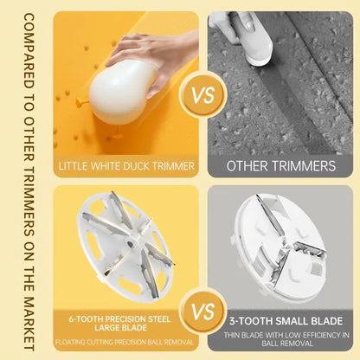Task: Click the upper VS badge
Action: [x=203, y=95]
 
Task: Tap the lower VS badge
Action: [x=203, y=312]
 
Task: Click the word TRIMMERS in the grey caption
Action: [x=304, y=166]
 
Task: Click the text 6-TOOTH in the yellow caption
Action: [x=86, y=319]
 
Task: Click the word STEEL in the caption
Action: [x=159, y=319]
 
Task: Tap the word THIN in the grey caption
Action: [x=231, y=335]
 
